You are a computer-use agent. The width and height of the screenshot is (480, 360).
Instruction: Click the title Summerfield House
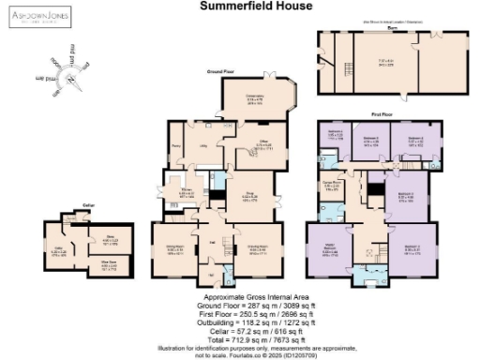pyautogui.click(x=239, y=6)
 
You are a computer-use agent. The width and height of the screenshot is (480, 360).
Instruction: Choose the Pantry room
pyautogui.click(x=175, y=146)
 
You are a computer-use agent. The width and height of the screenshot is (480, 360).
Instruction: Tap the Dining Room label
pyautogui.click(x=174, y=249)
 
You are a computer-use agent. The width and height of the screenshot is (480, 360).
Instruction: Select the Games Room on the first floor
pyautogui.click(x=330, y=186)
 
